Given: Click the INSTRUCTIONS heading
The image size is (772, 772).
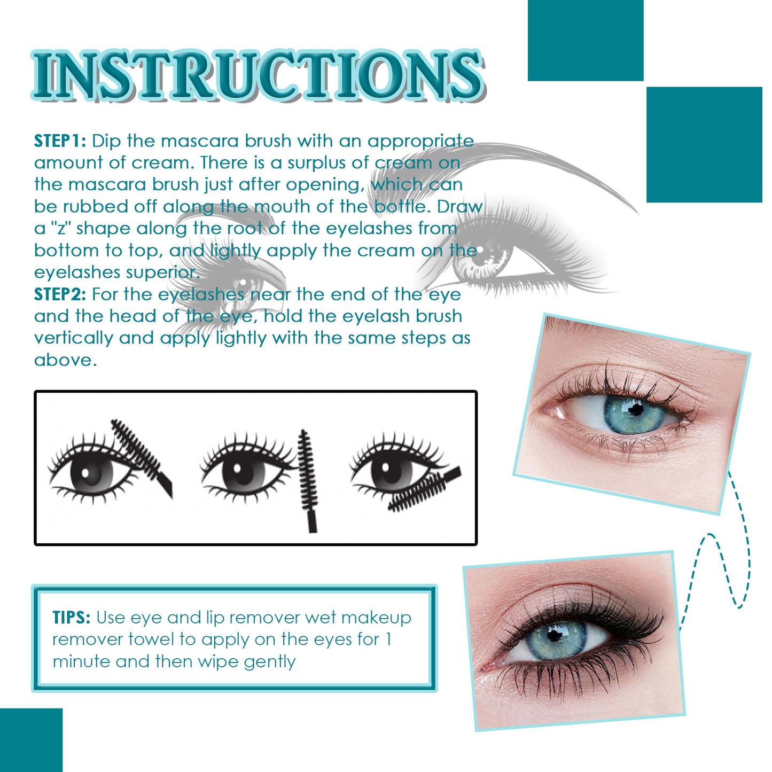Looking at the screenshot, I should [x=256, y=75].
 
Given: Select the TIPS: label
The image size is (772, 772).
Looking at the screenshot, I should [x=72, y=618].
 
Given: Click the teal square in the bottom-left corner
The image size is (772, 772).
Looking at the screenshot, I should [x=30, y=740].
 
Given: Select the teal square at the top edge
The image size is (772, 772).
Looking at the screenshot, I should [x=585, y=40].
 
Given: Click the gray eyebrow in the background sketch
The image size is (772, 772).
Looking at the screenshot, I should [x=534, y=160].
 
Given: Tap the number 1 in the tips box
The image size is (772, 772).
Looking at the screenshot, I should [x=388, y=639].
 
